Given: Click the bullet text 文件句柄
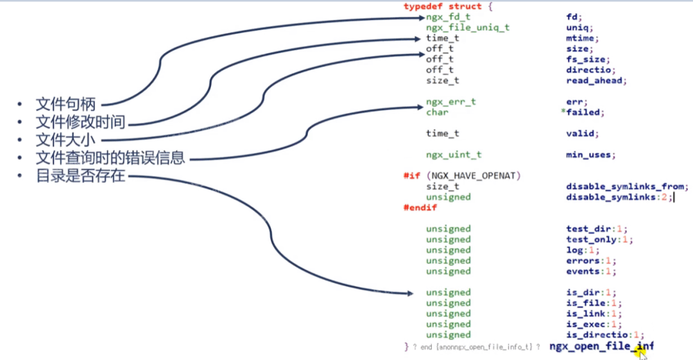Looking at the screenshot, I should point(65,105).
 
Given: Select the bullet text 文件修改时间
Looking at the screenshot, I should point(80,122).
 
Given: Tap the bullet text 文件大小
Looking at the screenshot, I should point(65,139).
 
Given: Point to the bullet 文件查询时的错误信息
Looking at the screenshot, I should point(110,157).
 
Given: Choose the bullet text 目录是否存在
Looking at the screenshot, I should point(80,175).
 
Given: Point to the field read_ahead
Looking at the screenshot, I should point(595,80).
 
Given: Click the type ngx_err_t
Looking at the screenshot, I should point(450,101).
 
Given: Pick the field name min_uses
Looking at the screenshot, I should point(590,155).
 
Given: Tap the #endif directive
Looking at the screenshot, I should point(420,208).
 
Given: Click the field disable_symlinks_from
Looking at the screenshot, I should point(626,187).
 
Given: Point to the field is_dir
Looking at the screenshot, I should point(582,293).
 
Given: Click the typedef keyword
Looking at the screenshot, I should point(424,6).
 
